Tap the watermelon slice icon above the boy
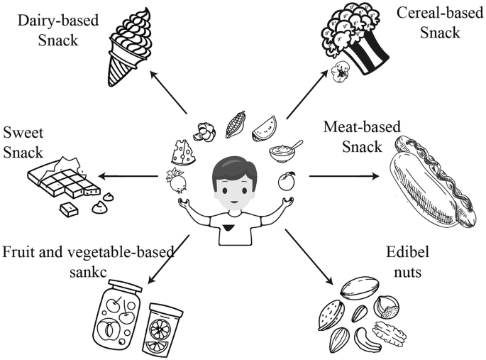coord(265,130)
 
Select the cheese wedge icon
coord(183,152)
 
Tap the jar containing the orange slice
coord(165,327)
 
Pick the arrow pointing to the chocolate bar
coord(128,176)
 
